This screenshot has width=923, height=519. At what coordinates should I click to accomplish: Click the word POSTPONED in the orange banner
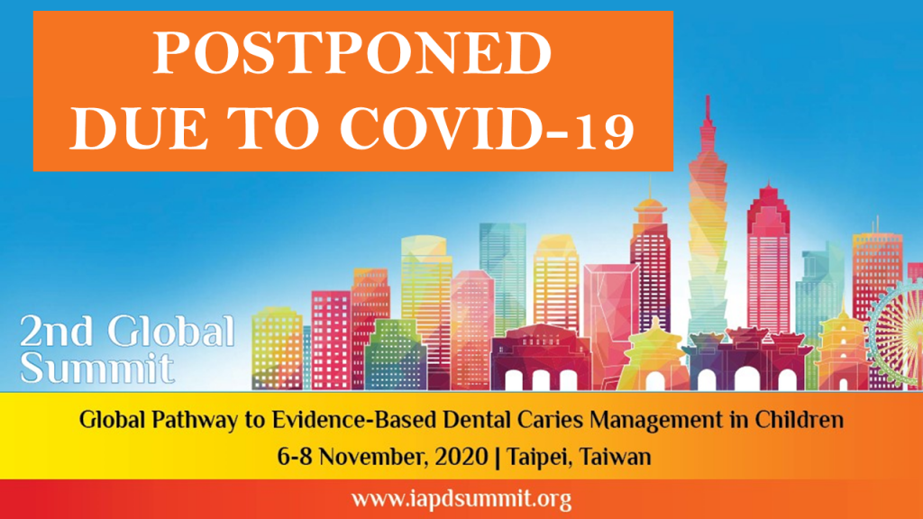pos(352,53)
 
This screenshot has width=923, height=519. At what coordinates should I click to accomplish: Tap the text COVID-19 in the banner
pos(488,128)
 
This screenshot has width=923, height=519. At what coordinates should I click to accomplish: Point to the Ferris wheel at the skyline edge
pos(896,334)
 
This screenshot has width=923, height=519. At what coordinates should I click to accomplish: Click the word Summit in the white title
pos(97,368)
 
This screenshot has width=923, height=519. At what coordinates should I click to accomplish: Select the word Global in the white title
pos(171,331)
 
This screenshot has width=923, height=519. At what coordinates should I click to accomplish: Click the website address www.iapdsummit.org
pos(461,499)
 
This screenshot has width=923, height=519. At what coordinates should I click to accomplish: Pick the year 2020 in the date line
pos(461,457)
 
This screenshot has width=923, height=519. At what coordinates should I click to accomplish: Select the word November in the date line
pos(374,457)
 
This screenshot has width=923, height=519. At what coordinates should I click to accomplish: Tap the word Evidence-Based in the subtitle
pos(354,420)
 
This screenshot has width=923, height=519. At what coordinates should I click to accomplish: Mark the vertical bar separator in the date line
pos(498,458)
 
